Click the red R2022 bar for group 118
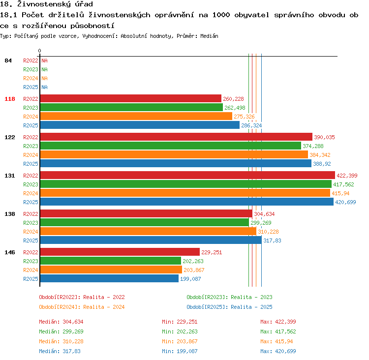(x=131, y=98)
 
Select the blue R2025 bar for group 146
(x=109, y=278)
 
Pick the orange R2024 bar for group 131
(x=185, y=193)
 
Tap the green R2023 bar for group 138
(x=145, y=222)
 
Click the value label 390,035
(x=324, y=137)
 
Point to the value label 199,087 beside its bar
(x=190, y=279)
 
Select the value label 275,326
(x=244, y=117)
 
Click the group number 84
(x=8, y=60)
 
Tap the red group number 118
(x=10, y=99)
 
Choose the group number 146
(x=10, y=252)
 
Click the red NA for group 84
(x=44, y=60)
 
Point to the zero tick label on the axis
(x=39, y=51)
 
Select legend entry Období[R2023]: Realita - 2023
(x=229, y=297)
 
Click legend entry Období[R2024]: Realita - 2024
(x=82, y=307)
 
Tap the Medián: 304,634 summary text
(x=61, y=322)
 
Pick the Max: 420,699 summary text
(x=278, y=351)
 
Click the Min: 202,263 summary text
(x=180, y=331)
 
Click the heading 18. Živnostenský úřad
(x=46, y=4)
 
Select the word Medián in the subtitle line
(x=209, y=36)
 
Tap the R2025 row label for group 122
(x=31, y=164)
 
